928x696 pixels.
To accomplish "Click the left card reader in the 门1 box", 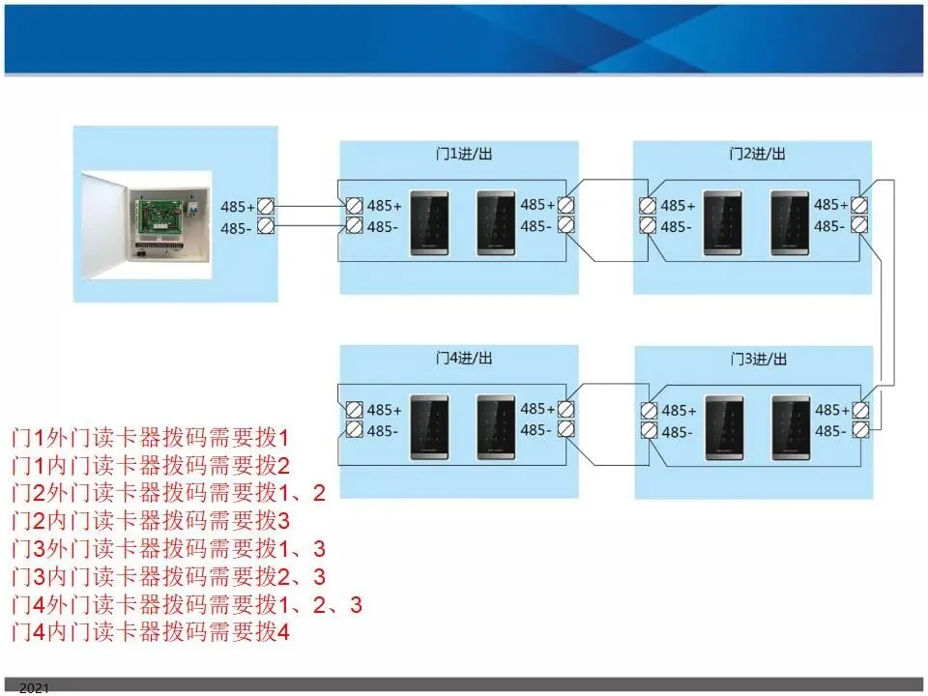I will point(429,223).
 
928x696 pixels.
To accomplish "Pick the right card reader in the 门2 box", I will point(790,223).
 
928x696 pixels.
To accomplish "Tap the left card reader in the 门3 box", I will point(724,425).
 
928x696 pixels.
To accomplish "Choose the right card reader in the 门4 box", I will point(496,424).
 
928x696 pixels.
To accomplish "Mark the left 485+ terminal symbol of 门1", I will point(354,205).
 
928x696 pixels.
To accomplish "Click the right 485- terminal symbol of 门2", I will point(858,225).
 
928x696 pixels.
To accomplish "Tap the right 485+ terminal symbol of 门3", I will point(859,410).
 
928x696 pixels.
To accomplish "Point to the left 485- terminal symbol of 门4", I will point(354,430).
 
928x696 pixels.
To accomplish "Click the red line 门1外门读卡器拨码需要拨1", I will point(151,436).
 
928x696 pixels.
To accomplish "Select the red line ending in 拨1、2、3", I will point(187,606).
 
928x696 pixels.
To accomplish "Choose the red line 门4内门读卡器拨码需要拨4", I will point(151,634).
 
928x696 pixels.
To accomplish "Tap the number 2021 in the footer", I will point(33,687).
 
